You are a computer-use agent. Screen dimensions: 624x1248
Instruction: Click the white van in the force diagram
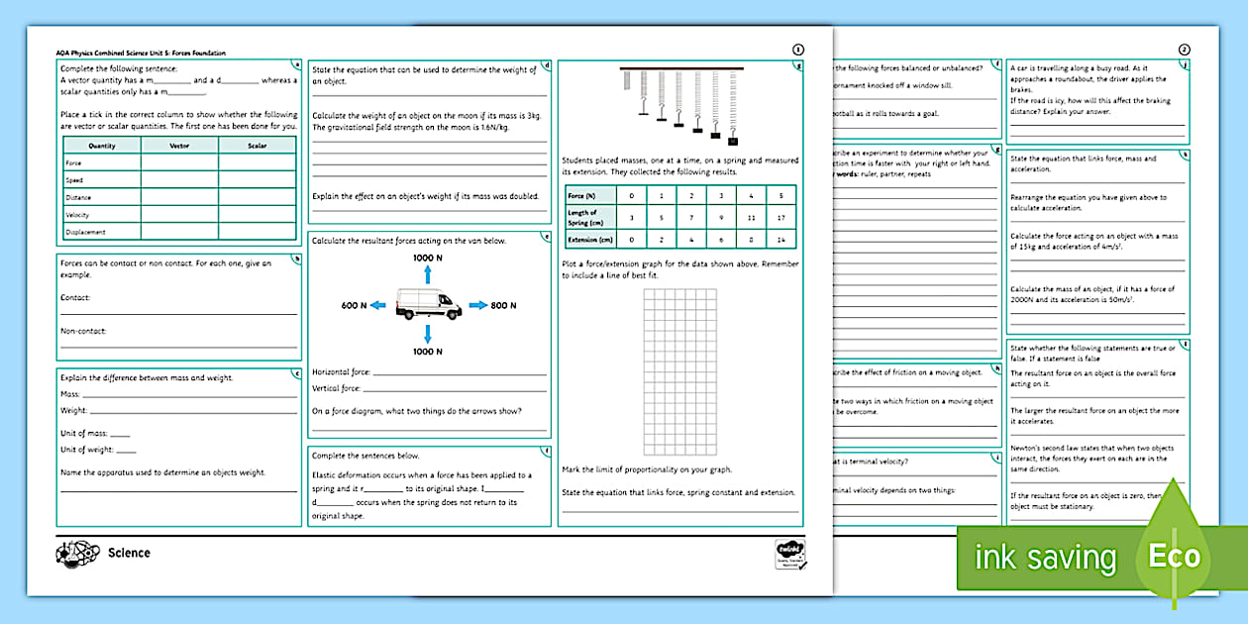point(428,304)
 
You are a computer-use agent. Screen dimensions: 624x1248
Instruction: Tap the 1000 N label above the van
point(428,257)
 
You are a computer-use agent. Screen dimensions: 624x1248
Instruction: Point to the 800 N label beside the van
point(503,305)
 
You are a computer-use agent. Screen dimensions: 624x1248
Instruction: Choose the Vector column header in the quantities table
point(179,146)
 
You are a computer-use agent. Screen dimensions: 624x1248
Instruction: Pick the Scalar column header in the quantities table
point(257,146)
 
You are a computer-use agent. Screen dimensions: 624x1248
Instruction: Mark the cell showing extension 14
point(783,240)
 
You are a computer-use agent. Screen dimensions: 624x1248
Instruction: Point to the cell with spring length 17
point(783,218)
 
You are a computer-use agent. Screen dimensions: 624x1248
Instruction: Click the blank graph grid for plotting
point(679,370)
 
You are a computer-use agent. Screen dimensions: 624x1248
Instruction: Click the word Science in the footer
point(129,553)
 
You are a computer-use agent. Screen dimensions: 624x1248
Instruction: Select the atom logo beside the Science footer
point(76,553)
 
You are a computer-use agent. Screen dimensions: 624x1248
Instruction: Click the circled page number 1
point(798,50)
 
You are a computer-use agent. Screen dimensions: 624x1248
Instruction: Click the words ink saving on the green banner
point(1045,558)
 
